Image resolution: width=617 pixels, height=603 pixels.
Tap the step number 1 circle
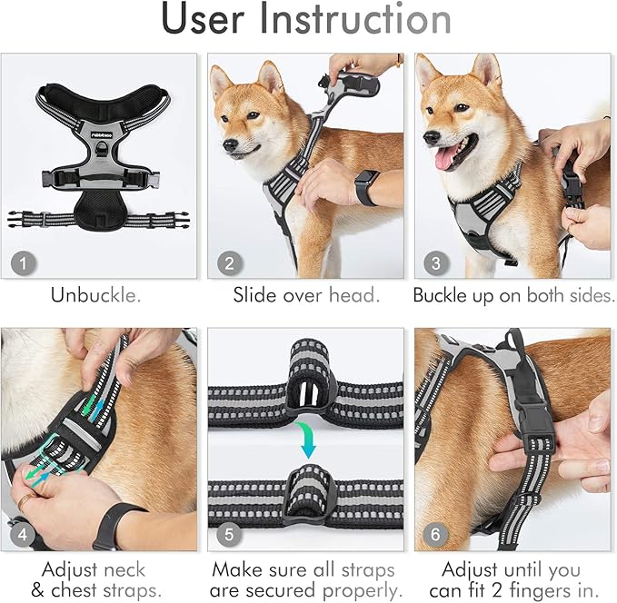[x=24, y=263]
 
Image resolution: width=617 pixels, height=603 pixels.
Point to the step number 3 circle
[x=435, y=263]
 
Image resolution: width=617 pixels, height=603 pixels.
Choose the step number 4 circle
[x=24, y=534]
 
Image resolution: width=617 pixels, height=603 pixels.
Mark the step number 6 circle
[x=435, y=534]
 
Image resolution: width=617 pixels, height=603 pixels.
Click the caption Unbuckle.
[x=96, y=296]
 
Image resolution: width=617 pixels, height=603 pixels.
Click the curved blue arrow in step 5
[x=310, y=440]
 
